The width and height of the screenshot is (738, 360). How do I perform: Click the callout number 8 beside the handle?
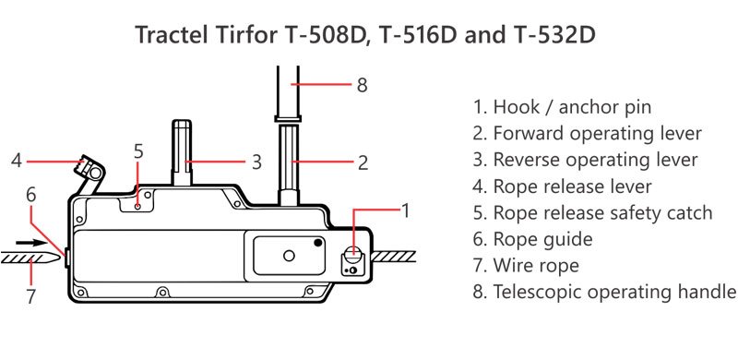(362, 86)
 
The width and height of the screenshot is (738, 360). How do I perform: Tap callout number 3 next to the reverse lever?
(256, 162)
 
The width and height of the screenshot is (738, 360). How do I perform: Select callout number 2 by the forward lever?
(363, 162)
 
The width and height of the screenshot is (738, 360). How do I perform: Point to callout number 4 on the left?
(17, 162)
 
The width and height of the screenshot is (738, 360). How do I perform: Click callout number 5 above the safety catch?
(137, 151)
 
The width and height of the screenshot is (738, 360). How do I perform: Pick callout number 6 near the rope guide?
(31, 195)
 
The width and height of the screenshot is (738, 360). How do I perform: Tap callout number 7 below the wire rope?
(31, 297)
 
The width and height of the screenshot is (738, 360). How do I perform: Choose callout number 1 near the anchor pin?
(406, 211)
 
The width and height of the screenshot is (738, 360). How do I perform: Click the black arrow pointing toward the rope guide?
(31, 243)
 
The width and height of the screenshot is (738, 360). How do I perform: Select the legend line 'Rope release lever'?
(563, 186)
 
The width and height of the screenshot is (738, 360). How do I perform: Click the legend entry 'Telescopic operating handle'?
(604, 292)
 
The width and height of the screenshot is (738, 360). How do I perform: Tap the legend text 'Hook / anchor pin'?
(563, 107)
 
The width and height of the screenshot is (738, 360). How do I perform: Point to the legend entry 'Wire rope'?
(526, 265)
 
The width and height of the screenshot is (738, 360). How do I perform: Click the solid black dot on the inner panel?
(318, 243)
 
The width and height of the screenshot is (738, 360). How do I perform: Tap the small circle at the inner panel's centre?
(289, 256)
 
